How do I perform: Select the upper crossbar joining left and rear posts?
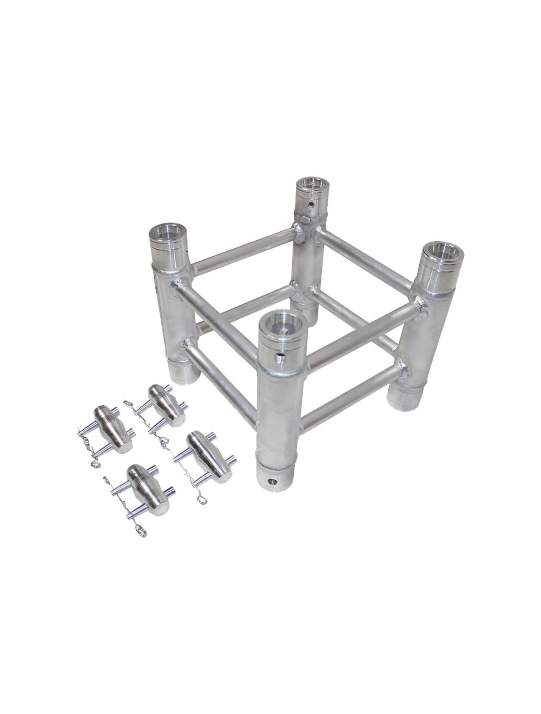point(243,250)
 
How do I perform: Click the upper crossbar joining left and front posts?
point(216,319)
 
